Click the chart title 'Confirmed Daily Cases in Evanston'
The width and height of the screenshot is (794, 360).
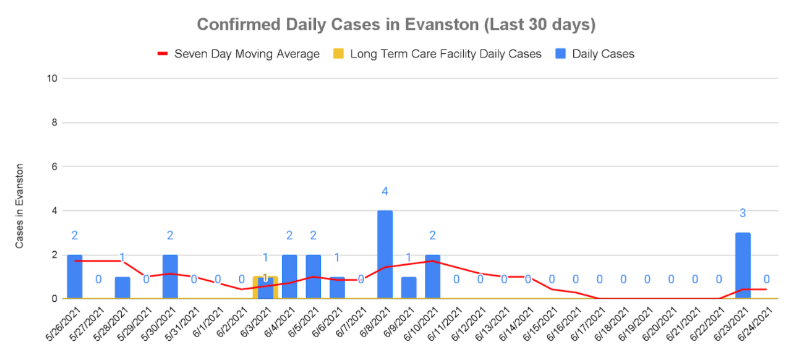pos(396,25)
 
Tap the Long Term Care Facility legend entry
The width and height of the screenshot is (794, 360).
pos(445,54)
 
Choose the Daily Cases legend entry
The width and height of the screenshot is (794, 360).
pos(603,54)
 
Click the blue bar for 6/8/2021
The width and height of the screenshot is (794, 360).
pos(385,255)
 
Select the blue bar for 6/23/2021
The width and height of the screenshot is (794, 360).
pos(743,266)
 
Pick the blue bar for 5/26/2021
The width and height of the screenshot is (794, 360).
pos(75,277)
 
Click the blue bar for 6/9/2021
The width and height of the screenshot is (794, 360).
pos(409,288)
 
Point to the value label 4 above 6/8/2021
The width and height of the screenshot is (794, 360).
pos(385,191)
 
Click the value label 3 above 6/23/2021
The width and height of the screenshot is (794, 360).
pos(743,213)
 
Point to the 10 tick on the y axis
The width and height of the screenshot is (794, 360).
pos(53,79)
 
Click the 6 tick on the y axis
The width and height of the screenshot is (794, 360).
pos(55,167)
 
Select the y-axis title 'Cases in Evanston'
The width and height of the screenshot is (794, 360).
pos(20,206)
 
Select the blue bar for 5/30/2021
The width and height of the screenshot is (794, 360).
pos(170,277)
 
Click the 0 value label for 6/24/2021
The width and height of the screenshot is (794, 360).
pos(767,280)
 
